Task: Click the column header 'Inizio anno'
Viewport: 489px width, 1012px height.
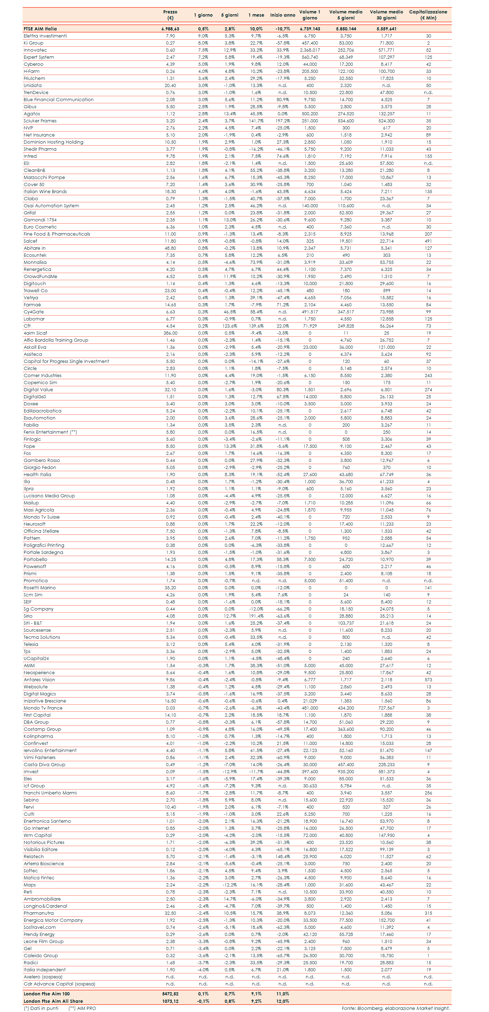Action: tap(283, 15)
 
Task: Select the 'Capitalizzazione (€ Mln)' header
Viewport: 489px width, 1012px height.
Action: tap(428, 15)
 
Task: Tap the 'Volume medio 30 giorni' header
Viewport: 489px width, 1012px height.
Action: tap(386, 15)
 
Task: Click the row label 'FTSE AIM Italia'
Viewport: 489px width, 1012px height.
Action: tap(40, 29)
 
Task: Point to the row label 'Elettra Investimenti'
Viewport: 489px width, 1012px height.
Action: tap(45, 36)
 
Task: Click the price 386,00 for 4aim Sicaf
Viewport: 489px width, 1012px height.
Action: tap(170, 333)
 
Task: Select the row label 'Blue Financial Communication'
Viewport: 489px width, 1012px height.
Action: tap(59, 100)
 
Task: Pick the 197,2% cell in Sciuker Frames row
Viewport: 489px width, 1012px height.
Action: tap(283, 121)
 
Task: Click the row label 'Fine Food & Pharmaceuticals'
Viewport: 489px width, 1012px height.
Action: tap(57, 234)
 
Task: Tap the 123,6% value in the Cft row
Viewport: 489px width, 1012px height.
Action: tap(230, 326)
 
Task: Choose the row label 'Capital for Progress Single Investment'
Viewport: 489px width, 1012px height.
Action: tap(66, 362)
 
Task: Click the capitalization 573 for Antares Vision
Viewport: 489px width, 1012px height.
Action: tap(428, 680)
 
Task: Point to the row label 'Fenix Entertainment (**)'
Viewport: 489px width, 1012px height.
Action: tap(50, 432)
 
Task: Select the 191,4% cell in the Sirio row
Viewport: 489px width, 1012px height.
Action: tap(256, 616)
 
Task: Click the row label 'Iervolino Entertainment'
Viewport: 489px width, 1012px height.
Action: tap(50, 750)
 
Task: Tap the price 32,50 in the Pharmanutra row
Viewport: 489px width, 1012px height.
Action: tap(170, 913)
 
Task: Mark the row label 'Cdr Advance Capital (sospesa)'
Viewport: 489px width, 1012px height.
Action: tap(59, 984)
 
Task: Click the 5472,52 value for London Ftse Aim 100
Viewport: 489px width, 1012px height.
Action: tap(170, 994)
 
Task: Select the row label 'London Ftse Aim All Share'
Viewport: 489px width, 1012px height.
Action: tap(53, 1001)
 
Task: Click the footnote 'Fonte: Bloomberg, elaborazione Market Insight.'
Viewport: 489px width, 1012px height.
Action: tap(396, 1008)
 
